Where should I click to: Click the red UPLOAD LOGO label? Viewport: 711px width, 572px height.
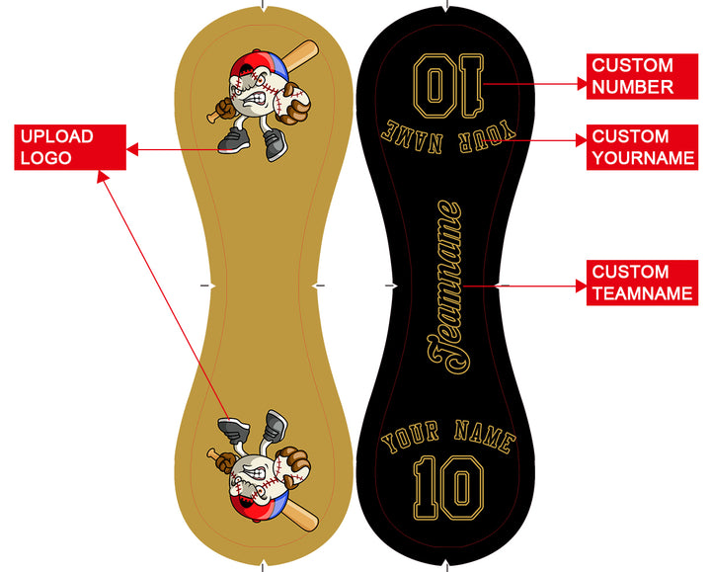(x=70, y=147)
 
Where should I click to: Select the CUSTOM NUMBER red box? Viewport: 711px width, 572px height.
(x=642, y=76)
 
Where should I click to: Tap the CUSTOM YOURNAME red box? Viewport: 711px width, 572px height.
(x=642, y=147)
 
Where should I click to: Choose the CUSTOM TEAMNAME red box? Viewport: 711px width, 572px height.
(x=642, y=283)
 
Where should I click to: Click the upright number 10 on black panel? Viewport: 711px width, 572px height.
(x=448, y=487)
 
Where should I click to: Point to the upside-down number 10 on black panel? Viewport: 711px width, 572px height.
(x=448, y=85)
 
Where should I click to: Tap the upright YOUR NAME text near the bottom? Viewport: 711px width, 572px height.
(x=448, y=437)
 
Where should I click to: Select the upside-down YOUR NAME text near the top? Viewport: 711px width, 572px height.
(x=448, y=136)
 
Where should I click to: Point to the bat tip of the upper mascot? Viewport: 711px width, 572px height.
(x=312, y=45)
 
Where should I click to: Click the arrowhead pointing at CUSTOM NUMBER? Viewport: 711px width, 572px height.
(x=582, y=84)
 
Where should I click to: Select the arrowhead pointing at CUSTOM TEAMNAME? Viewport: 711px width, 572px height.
(x=582, y=286)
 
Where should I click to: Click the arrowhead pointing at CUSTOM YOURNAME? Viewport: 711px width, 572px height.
(x=582, y=140)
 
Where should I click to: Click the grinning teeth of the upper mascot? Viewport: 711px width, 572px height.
(x=255, y=99)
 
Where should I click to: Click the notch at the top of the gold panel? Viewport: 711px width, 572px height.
(x=264, y=7)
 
